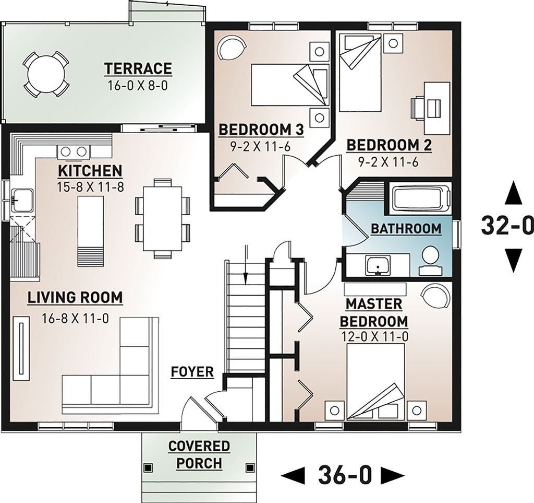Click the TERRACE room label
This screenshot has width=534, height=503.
(138, 68)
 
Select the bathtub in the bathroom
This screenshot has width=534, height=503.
(420, 199)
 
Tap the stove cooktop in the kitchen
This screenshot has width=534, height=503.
(73, 152)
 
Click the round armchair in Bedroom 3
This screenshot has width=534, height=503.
(230, 49)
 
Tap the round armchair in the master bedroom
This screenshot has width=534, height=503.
(434, 297)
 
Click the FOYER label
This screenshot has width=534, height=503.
(192, 372)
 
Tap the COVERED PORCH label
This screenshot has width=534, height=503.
(199, 454)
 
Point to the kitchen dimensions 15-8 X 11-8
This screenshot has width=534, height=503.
(90, 186)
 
